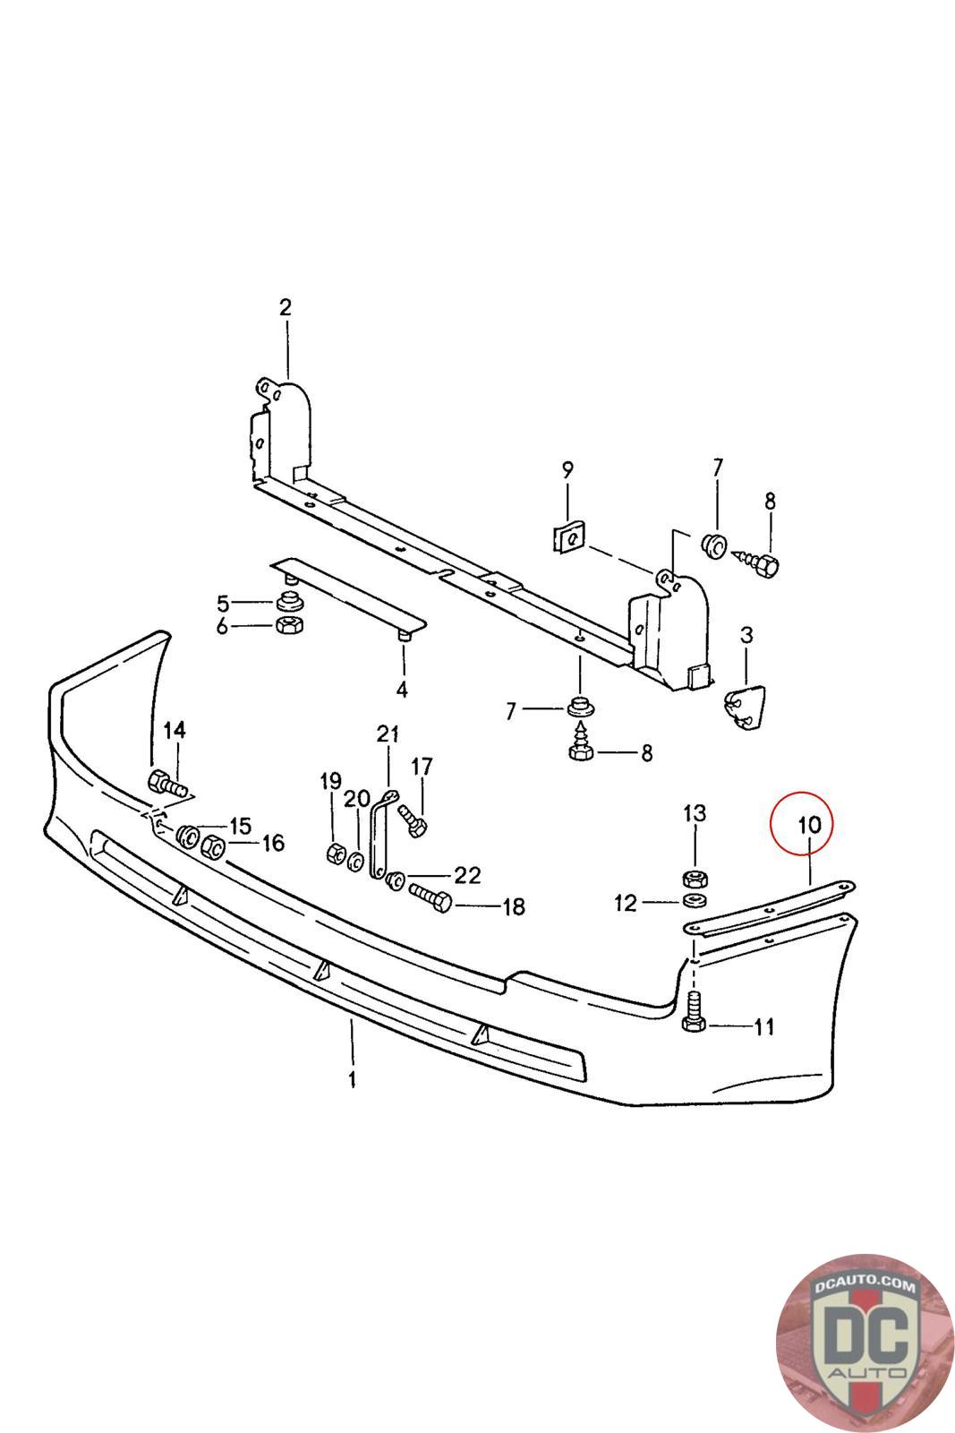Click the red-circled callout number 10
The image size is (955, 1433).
pyautogui.click(x=802, y=824)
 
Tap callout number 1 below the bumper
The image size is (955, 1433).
pyautogui.click(x=352, y=1078)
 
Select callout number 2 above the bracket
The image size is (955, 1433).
pyautogui.click(x=285, y=308)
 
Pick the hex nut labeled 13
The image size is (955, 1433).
pyautogui.click(x=694, y=878)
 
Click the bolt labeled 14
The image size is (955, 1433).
pyautogui.click(x=168, y=785)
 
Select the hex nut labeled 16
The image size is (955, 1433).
pyautogui.click(x=215, y=845)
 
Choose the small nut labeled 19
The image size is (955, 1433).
pyautogui.click(x=334, y=853)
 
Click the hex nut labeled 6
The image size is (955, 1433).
pyautogui.click(x=289, y=626)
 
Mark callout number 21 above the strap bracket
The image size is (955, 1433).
pyautogui.click(x=387, y=735)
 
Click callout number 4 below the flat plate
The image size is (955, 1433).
pyautogui.click(x=402, y=690)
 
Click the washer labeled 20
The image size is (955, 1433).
pyautogui.click(x=354, y=861)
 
